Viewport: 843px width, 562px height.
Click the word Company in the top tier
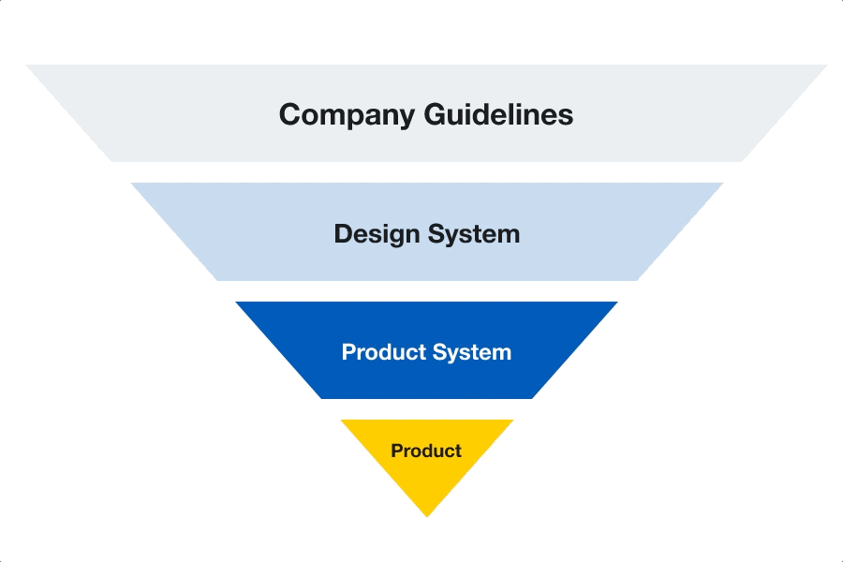[348, 114]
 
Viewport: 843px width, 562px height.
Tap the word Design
[375, 233]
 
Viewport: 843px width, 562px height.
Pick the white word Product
[381, 352]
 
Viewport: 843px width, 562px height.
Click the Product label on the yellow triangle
[426, 451]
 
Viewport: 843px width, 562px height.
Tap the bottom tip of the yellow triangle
[427, 515]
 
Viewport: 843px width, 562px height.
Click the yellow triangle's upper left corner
[342, 421]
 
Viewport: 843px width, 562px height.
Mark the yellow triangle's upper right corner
[512, 421]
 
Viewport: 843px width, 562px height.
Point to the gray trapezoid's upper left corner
[28, 66]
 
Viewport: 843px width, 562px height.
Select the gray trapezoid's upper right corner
[826, 66]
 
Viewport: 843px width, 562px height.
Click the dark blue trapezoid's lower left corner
[321, 398]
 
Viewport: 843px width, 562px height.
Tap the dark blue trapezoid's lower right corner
[532, 398]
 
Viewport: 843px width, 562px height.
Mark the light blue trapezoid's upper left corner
[133, 184]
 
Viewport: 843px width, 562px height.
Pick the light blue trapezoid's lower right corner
[637, 280]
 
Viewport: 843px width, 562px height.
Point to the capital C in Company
[290, 114]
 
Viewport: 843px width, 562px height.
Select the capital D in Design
[343, 233]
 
